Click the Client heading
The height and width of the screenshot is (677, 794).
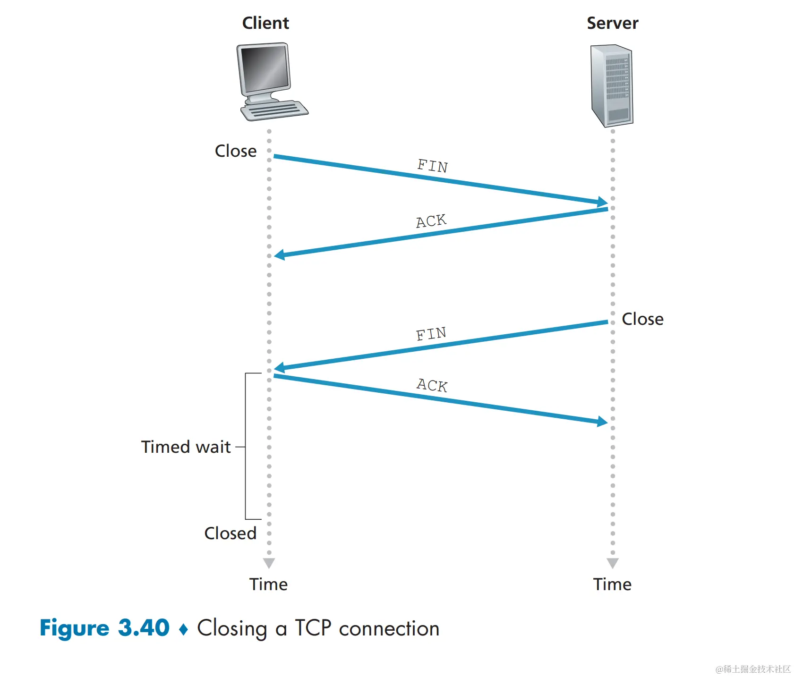tap(265, 23)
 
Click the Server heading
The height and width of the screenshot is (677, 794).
tap(612, 23)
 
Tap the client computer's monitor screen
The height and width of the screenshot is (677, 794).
tap(264, 68)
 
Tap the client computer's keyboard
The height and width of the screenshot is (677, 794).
tap(274, 111)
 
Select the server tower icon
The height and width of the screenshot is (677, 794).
tap(612, 85)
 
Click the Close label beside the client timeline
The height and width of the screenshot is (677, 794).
tap(236, 151)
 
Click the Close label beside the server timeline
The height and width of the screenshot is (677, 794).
tap(642, 319)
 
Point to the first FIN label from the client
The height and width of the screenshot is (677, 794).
tap(432, 166)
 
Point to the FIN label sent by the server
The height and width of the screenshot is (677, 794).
tap(431, 334)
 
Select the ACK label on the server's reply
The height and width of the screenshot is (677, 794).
tap(431, 221)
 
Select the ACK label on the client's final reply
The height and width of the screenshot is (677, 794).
tap(432, 385)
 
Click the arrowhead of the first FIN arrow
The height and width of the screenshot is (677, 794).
tap(603, 202)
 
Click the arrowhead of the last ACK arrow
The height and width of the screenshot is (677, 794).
tap(603, 421)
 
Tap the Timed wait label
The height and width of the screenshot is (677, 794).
tap(186, 447)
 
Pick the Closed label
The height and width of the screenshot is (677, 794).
tap(230, 533)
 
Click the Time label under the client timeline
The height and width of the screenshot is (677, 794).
tap(268, 584)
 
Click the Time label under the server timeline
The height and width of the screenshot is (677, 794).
tap(612, 584)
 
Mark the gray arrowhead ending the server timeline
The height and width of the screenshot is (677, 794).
tap(613, 563)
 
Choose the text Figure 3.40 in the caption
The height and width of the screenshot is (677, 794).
tap(104, 628)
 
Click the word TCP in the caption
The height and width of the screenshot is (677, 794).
tap(313, 628)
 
